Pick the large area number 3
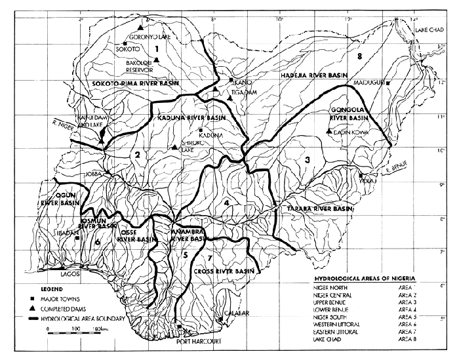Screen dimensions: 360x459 point(306,159)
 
